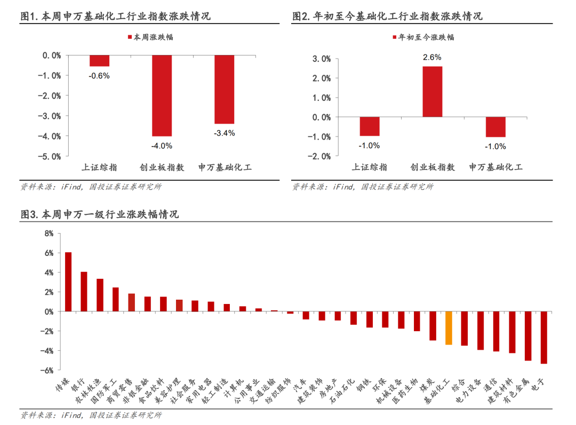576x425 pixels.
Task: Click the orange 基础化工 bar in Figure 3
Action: tap(449, 328)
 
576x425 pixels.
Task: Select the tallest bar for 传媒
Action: tap(68, 282)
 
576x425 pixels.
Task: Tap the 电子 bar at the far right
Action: tap(543, 338)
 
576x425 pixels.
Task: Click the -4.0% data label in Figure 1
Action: tap(162, 146)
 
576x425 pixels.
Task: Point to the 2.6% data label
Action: tap(432, 57)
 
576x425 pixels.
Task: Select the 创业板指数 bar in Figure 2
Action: tap(433, 92)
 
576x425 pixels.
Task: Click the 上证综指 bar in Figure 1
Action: tap(100, 61)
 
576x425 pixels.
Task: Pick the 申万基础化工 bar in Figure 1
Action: tap(225, 89)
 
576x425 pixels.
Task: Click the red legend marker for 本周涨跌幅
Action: tap(130, 37)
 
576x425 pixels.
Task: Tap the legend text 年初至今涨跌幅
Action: tap(426, 37)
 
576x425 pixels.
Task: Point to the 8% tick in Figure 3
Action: tap(49, 233)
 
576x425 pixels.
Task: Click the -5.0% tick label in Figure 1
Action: tap(49, 156)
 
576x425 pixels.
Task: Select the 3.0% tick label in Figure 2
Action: tap(322, 59)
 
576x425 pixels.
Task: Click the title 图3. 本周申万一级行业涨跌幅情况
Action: tap(100, 214)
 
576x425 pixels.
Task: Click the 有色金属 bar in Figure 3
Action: tap(528, 336)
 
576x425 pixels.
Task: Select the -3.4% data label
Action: tap(225, 133)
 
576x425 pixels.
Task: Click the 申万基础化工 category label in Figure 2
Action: tap(495, 167)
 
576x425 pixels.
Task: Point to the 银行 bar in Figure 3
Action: tap(84, 292)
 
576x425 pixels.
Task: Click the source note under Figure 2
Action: tap(363, 187)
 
